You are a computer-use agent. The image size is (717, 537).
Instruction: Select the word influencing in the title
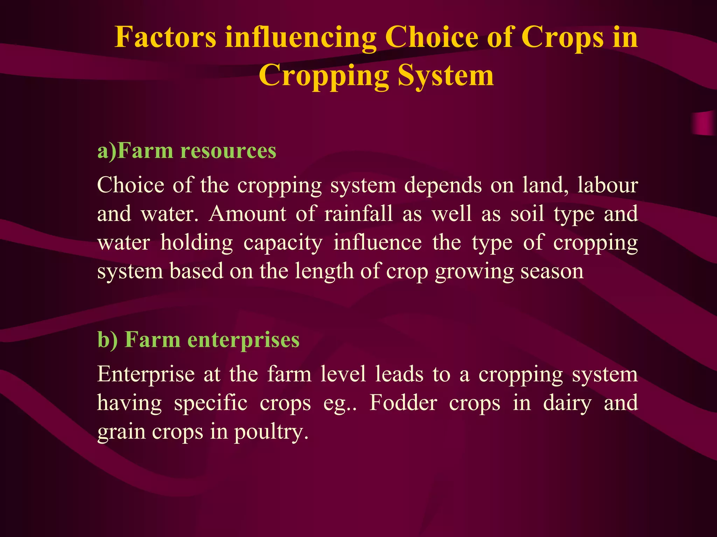301,37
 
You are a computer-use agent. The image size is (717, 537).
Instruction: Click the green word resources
228,151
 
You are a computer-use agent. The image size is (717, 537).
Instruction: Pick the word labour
607,185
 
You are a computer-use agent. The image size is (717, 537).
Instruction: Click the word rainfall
358,214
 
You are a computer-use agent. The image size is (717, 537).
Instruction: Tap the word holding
196,243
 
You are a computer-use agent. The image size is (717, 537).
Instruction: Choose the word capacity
283,243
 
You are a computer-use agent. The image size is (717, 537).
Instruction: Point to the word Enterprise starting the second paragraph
146,374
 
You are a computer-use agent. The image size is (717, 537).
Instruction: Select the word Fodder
403,403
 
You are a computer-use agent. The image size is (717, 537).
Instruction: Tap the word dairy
568,403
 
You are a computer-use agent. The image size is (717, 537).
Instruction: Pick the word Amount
248,214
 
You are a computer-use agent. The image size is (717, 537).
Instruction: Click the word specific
211,403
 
